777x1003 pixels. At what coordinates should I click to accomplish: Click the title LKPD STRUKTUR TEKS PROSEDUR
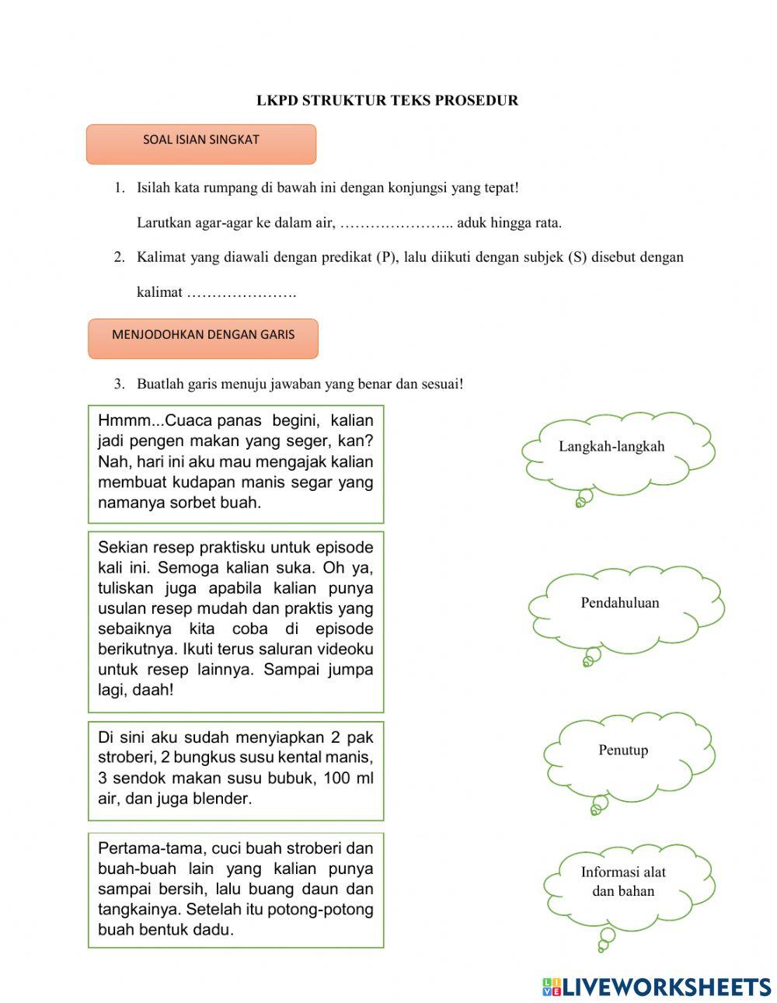387,100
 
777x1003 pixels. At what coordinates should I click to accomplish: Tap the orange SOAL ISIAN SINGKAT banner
201,144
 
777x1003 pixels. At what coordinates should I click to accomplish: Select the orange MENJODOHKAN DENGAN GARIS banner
203,338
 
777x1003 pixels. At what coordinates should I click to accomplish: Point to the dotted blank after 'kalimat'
242,294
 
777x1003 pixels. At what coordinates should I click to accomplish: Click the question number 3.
119,384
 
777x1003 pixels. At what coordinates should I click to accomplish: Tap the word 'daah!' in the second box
153,690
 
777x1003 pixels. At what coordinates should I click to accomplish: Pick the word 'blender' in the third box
222,799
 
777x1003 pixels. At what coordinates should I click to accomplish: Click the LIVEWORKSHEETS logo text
667,987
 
